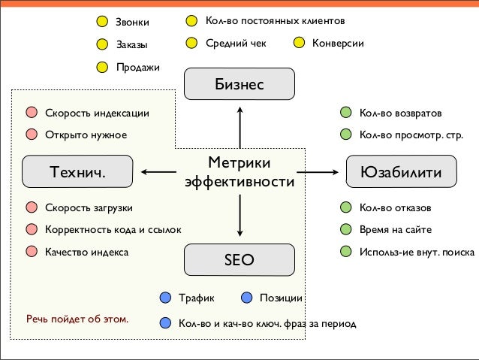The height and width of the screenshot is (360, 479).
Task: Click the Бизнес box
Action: click(x=239, y=84)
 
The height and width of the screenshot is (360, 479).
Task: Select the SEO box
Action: click(x=239, y=260)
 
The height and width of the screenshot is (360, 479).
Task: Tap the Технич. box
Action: click(x=77, y=172)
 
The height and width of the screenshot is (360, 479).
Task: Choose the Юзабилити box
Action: click(x=402, y=172)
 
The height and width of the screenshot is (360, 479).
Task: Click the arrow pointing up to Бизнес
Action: click(x=239, y=126)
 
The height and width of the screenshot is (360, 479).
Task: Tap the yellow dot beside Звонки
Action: click(x=101, y=21)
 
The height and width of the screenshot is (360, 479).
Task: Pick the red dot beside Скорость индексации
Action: click(x=31, y=113)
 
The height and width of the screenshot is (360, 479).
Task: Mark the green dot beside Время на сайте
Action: click(x=345, y=229)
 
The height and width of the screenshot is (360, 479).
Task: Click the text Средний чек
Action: click(x=236, y=44)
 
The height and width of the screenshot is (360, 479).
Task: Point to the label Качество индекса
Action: click(x=86, y=252)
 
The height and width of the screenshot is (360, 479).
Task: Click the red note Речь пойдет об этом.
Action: click(x=77, y=319)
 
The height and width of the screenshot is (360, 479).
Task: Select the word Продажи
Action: click(x=137, y=68)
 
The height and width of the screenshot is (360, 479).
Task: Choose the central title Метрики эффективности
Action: click(x=239, y=173)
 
